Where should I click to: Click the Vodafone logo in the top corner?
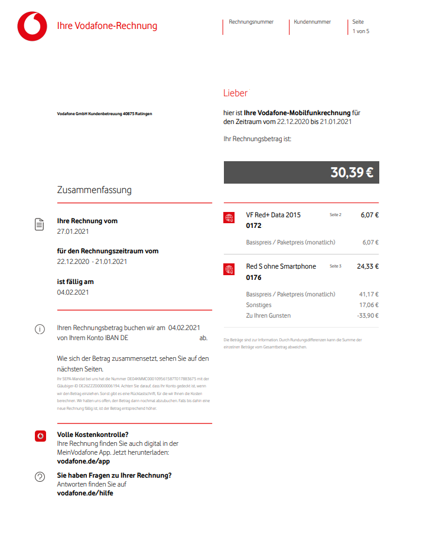click(x=32, y=27)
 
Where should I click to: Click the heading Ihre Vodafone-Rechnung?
click(x=107, y=26)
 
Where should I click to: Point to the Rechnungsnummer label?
click(x=251, y=22)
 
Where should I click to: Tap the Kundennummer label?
click(x=312, y=22)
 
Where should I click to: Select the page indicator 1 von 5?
click(x=360, y=31)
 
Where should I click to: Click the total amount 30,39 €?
click(x=352, y=172)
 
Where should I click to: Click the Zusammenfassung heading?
click(x=94, y=190)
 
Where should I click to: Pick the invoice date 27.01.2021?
click(x=73, y=231)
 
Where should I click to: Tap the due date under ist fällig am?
click(x=73, y=292)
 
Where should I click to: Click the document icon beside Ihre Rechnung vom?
click(x=40, y=224)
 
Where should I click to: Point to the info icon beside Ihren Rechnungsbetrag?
click(x=40, y=329)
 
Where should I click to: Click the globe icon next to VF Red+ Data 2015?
click(x=229, y=218)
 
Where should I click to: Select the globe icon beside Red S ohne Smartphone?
click(x=229, y=270)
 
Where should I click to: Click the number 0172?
click(x=254, y=226)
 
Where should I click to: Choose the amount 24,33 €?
click(x=368, y=266)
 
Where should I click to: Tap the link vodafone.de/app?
click(x=83, y=461)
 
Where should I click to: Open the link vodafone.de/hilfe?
click(x=84, y=493)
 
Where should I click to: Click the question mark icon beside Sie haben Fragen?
click(x=40, y=477)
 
